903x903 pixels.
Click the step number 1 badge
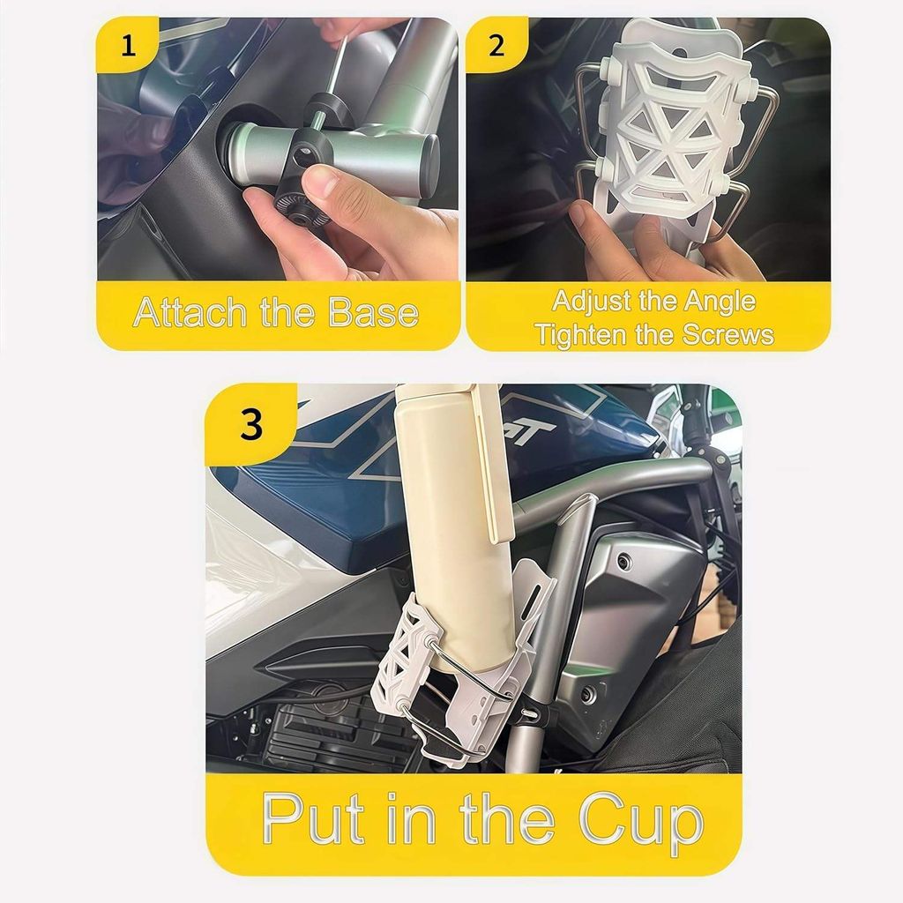129,45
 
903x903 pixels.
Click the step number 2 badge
496,45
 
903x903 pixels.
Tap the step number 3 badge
251,425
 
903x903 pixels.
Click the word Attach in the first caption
191,312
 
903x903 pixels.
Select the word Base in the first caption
373,312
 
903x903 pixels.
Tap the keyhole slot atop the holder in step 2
682,46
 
